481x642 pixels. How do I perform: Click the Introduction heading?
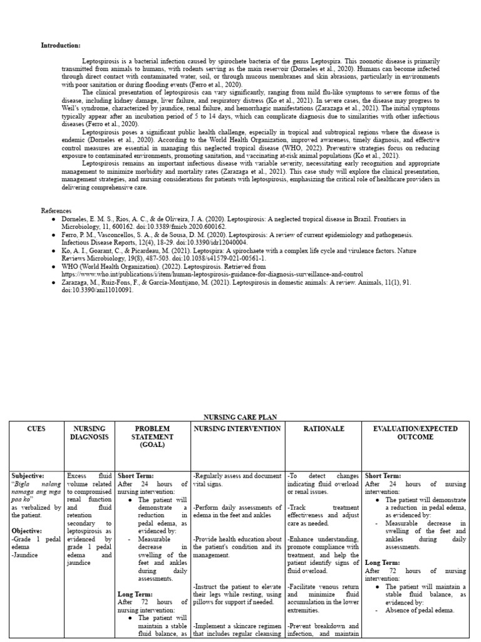tap(61, 46)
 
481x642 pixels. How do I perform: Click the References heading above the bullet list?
tap(56, 211)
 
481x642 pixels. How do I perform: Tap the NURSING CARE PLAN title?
tap(240, 417)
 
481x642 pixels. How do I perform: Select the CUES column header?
tap(37, 429)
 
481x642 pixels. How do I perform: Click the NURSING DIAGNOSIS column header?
tap(90, 433)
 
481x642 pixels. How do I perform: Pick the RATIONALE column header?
tap(323, 429)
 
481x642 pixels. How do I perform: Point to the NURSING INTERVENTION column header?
tap(237, 429)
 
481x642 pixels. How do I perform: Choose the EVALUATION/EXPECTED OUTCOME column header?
tap(415, 433)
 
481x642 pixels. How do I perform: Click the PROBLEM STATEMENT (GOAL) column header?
tap(152, 436)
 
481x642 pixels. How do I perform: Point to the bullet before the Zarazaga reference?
tap(55, 283)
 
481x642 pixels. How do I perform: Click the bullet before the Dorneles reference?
tap(55, 219)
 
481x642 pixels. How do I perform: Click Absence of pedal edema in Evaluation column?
tap(420, 610)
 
